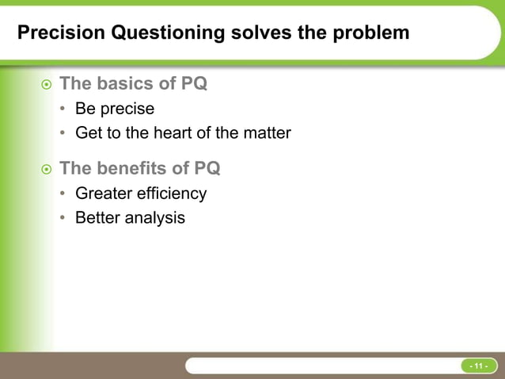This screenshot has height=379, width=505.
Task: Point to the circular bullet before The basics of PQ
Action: pyautogui.click(x=46, y=83)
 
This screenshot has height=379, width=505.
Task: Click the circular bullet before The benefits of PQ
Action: pyautogui.click(x=46, y=169)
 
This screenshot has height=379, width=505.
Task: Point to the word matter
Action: pyautogui.click(x=265, y=133)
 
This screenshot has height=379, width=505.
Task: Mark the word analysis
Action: pyautogui.click(x=155, y=217)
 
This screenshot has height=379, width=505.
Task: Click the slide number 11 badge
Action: pyautogui.click(x=479, y=366)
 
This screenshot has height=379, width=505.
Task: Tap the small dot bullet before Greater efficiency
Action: pyautogui.click(x=63, y=194)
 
